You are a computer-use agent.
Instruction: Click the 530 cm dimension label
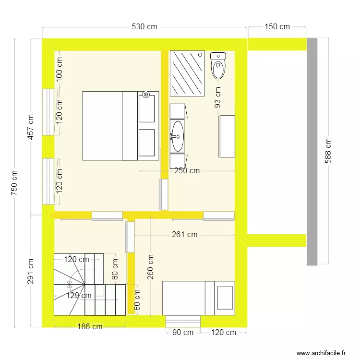144,27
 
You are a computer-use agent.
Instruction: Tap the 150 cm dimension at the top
277,27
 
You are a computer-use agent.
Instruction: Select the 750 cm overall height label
14,182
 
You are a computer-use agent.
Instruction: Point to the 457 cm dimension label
31,127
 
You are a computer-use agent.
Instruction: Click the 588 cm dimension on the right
328,151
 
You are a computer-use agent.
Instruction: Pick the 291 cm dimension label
31,271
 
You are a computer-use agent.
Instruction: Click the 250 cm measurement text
187,170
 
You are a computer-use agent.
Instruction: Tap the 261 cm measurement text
185,235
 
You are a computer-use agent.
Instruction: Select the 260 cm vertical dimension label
151,267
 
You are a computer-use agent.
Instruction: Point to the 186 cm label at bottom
90,327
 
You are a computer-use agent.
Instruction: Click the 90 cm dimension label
182,332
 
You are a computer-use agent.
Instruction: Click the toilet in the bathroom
218,66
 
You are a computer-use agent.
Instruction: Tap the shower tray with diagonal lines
187,73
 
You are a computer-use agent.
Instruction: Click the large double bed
120,126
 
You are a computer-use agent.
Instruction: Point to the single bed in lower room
198,298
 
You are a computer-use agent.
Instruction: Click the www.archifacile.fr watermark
321,353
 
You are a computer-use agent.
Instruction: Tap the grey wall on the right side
312,151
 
